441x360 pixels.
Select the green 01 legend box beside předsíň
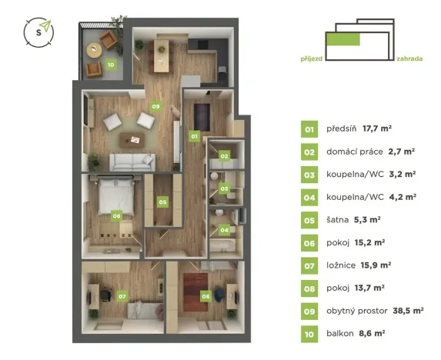309,129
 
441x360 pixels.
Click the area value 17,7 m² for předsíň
377,129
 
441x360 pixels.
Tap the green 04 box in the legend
309,196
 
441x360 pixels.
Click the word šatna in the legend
338,218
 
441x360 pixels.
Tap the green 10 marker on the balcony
111,65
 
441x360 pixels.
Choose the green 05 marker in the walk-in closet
162,202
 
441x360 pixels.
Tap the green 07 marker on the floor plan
122,295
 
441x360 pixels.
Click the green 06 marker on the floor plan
205,295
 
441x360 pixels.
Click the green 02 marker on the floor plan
224,156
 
